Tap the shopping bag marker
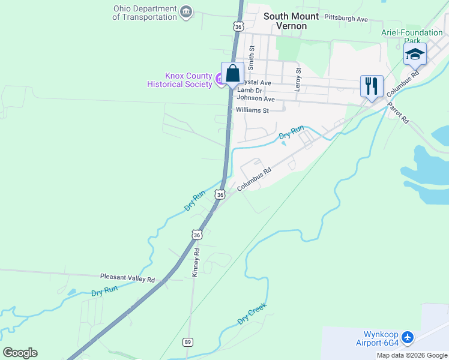point(233,74)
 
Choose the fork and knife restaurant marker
point(372,86)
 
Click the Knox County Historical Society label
point(180,80)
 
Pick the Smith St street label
point(252,56)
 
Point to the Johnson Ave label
point(256,98)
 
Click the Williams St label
point(252,110)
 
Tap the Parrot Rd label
point(397,112)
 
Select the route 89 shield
point(187,341)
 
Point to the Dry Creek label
point(252,313)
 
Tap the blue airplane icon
point(408,338)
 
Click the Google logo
point(20,353)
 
